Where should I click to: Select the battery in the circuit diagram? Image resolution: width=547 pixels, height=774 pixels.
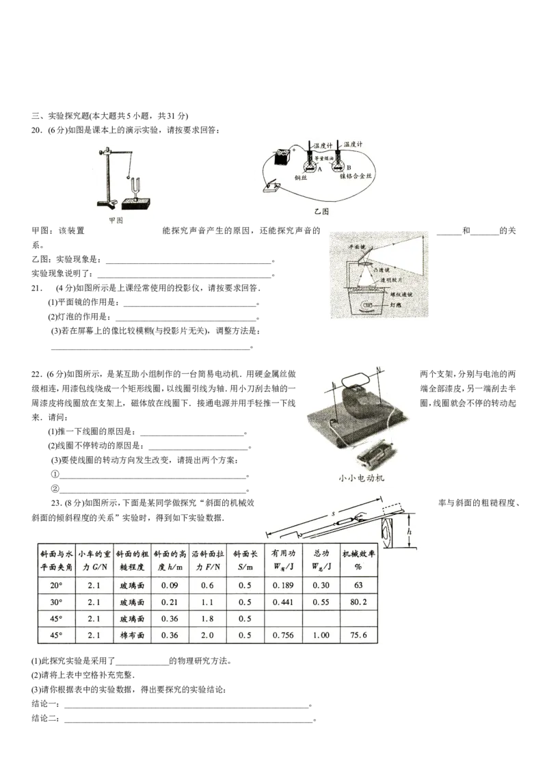[280, 159]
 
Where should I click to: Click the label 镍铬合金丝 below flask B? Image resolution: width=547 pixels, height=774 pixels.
[360, 177]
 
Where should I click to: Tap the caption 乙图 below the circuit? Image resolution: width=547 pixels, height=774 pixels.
[321, 212]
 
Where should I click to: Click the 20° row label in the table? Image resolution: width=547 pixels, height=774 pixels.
[51, 585]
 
